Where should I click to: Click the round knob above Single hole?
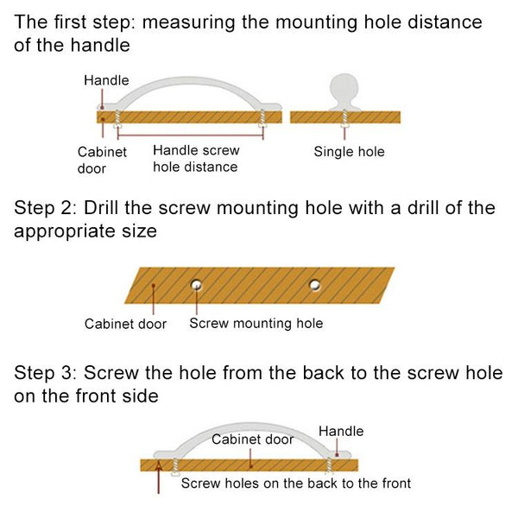click(x=345, y=89)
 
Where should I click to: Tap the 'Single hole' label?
click(x=349, y=152)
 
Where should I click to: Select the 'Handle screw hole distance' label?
click(x=195, y=159)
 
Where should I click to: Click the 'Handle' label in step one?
click(x=106, y=80)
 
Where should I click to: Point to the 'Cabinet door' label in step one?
click(x=102, y=160)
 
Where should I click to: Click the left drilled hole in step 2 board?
click(x=198, y=283)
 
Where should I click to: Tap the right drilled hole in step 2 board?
click(x=315, y=284)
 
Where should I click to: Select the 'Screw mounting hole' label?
click(x=256, y=324)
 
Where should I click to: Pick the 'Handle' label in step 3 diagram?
click(x=341, y=431)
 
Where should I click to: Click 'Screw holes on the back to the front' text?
click(x=295, y=483)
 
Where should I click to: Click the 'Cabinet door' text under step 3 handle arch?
click(x=253, y=439)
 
